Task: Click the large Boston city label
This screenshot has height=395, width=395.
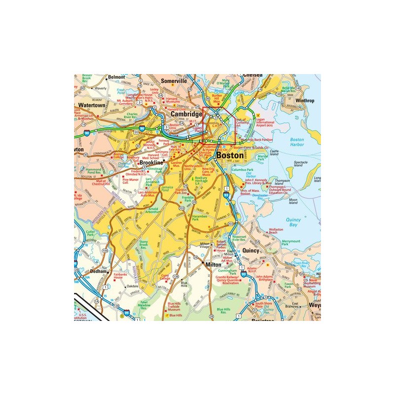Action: pos(230,155)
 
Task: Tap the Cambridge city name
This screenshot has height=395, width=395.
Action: pos(186,114)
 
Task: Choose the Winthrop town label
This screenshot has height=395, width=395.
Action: pos(304,100)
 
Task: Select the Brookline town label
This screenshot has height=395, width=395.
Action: pos(151,162)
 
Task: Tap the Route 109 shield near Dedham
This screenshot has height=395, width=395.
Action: pos(105,251)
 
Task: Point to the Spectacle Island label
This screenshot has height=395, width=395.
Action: pos(301,163)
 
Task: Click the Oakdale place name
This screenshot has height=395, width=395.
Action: pos(132,286)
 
